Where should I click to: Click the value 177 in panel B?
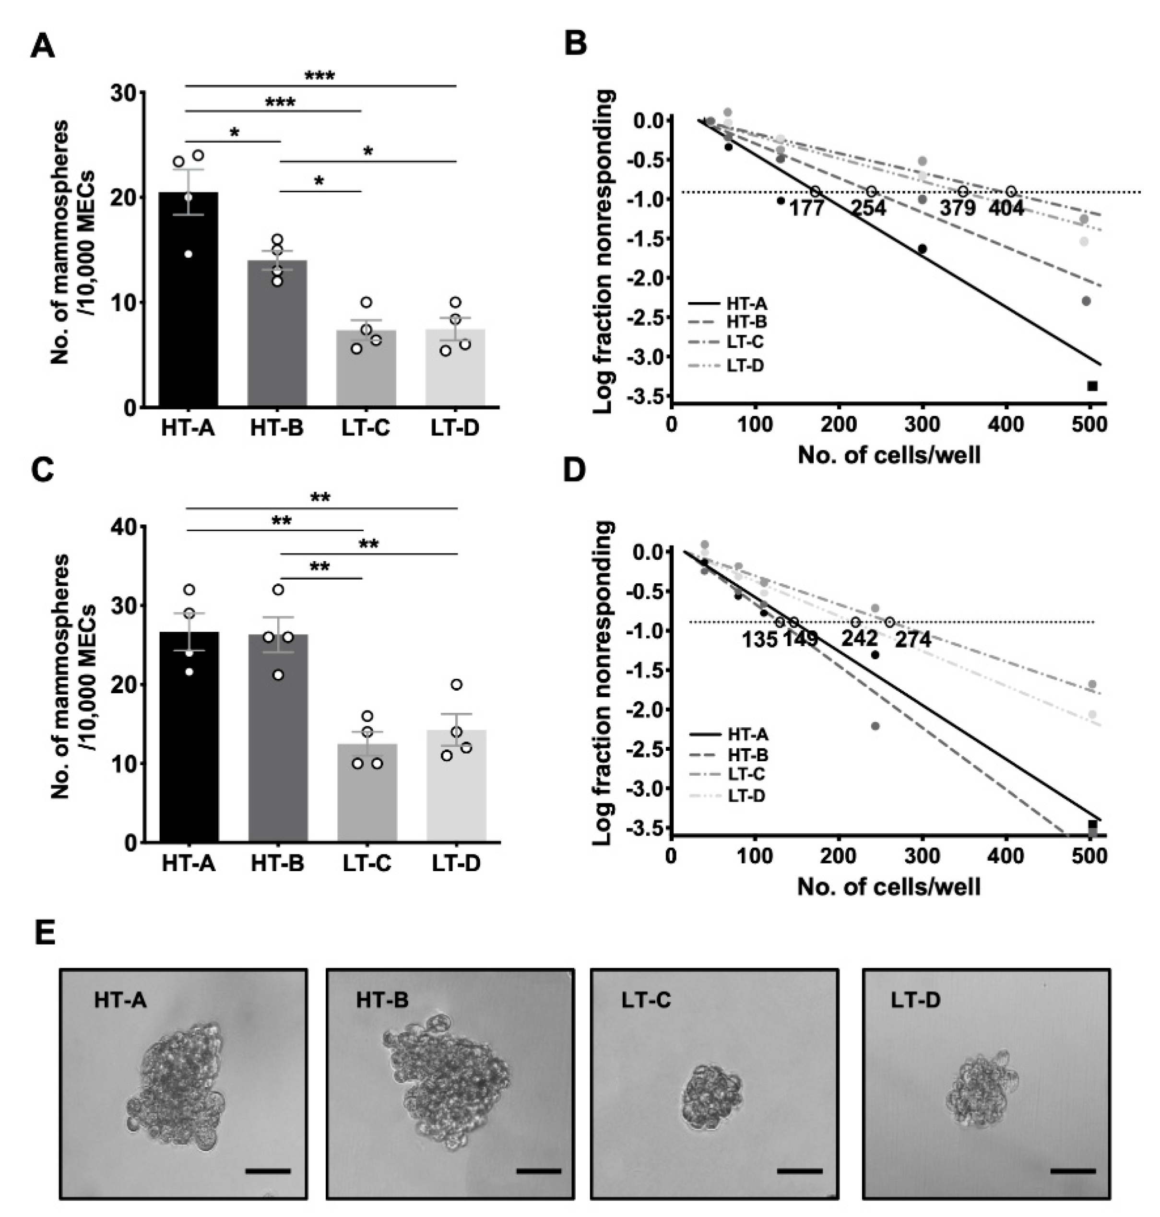coord(806,208)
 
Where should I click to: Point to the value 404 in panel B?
coord(1006,208)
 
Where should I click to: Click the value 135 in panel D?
coord(760,639)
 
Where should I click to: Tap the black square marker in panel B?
coord(1093,386)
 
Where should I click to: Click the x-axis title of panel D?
coord(888,887)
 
